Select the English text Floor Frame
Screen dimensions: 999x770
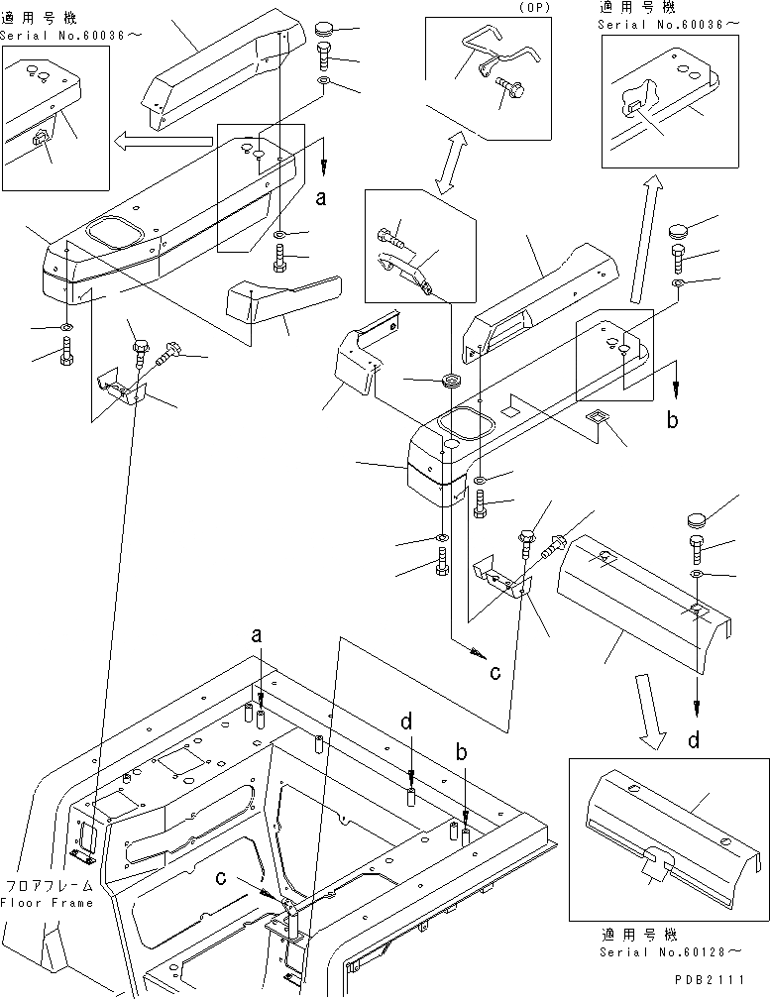(47, 903)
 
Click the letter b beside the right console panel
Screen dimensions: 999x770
(672, 420)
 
